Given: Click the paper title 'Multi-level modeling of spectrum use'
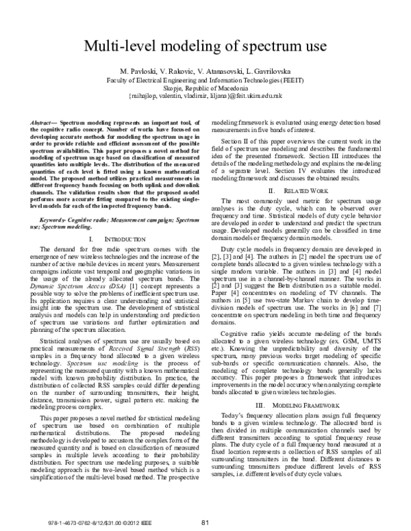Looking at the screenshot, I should [205, 47].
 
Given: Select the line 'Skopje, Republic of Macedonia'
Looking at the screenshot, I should [205, 88].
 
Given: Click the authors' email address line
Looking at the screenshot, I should [205, 97].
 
